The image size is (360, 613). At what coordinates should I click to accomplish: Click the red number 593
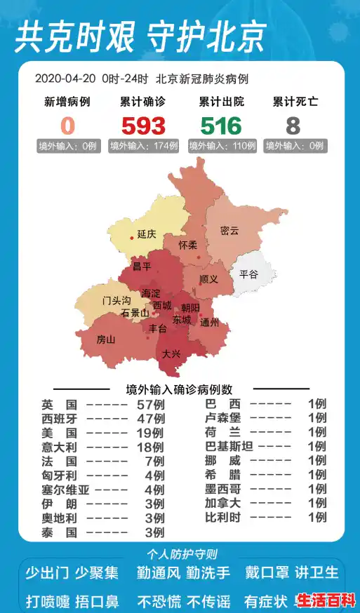143,126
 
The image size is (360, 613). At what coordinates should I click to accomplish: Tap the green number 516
221,126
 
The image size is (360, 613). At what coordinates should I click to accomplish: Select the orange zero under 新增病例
67,126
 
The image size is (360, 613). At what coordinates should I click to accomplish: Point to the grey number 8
293,126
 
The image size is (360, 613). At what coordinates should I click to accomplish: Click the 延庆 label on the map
146,234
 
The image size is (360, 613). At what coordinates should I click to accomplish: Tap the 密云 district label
229,231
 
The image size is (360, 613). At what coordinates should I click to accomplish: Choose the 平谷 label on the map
248,274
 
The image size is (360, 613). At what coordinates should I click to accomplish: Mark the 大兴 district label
171,354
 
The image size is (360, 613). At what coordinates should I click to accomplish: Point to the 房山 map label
105,339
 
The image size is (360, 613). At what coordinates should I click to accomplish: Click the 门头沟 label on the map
116,300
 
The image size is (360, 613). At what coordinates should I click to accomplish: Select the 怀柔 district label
188,245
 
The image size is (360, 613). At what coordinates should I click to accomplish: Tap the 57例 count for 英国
150,405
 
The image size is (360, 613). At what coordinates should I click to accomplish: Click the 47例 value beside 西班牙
150,419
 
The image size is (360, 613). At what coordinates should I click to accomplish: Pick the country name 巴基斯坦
228,447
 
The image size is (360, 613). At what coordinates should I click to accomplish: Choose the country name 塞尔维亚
65,490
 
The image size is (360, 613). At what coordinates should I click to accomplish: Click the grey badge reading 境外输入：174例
144,146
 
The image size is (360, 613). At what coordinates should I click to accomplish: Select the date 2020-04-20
66,79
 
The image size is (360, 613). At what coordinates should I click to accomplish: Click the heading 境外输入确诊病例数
179,389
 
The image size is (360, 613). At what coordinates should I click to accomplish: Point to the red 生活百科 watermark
326,600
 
